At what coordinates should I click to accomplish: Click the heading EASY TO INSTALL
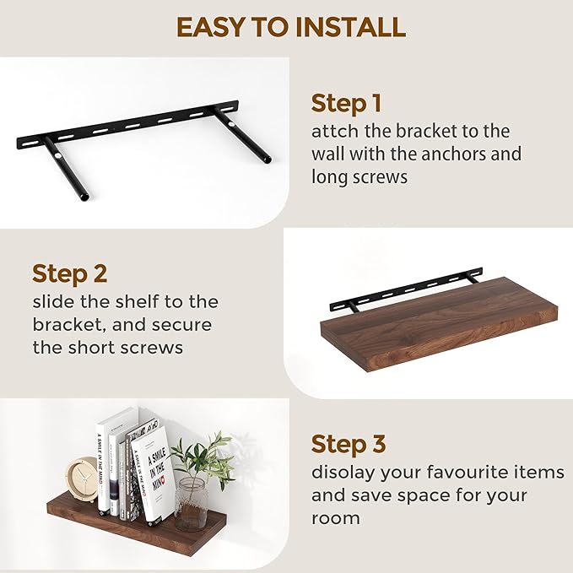click(290, 27)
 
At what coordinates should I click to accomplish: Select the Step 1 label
click(346, 104)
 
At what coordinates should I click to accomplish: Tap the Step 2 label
click(69, 273)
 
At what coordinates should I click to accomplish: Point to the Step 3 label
click(349, 444)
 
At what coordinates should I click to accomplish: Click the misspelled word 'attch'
click(334, 132)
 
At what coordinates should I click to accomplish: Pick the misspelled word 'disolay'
click(343, 473)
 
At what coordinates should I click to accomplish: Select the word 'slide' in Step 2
click(54, 301)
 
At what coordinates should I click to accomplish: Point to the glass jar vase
click(191, 504)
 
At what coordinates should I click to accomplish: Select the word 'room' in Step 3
click(335, 517)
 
